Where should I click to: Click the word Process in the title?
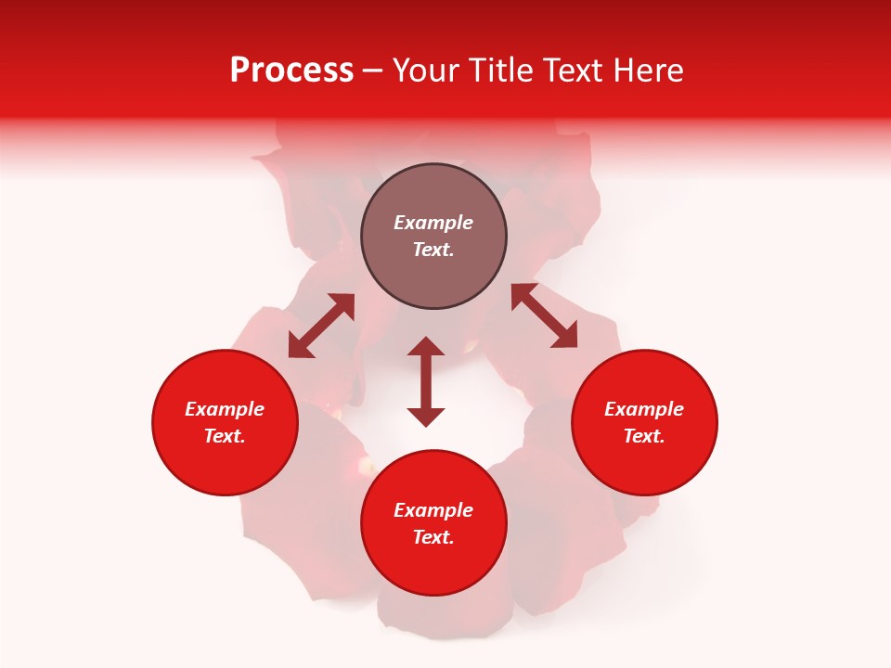click(291, 71)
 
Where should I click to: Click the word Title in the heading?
click(497, 71)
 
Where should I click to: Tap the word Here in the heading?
click(647, 71)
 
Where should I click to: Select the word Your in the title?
click(427, 71)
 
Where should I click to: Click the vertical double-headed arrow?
click(426, 381)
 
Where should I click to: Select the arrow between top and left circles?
click(321, 325)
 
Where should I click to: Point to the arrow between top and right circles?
click(545, 315)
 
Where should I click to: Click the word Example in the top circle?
click(433, 223)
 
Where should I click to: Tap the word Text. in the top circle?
click(433, 250)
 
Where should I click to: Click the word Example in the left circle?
click(225, 409)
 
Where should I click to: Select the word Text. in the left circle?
click(225, 436)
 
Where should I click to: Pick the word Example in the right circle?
click(644, 409)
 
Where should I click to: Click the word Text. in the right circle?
click(644, 436)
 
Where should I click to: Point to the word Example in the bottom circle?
click(433, 510)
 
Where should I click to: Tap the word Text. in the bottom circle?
click(433, 537)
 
